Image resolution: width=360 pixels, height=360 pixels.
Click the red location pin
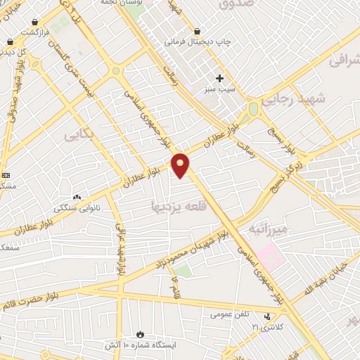[181, 165]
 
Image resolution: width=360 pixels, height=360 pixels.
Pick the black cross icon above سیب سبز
[219, 78]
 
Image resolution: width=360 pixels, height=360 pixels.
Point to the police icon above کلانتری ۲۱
[266, 317]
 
